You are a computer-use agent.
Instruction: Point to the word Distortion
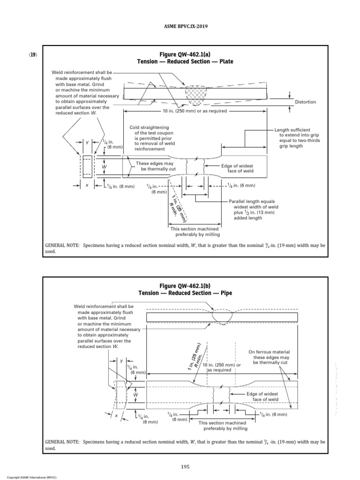tap(305, 102)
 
